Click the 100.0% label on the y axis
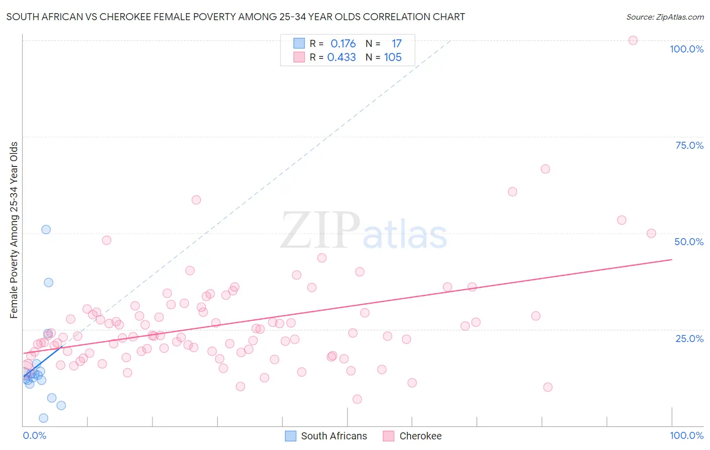click(686, 49)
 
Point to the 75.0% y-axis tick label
click(689, 145)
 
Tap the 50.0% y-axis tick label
click(689, 242)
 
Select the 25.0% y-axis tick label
click(689, 338)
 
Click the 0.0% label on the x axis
click(34, 435)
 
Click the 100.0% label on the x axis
click(686, 435)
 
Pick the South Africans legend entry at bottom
click(334, 436)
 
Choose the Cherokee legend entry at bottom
click(420, 436)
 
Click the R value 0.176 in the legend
click(343, 44)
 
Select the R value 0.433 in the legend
click(341, 58)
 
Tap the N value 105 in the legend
click(393, 58)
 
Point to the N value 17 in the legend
click(396, 44)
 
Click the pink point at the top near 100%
click(633, 40)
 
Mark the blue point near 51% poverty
click(46, 230)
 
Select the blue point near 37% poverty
click(48, 283)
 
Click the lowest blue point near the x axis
click(43, 418)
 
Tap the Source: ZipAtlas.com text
click(665, 17)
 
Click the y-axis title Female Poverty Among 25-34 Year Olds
click(14, 230)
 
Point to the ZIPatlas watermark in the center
click(364, 231)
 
